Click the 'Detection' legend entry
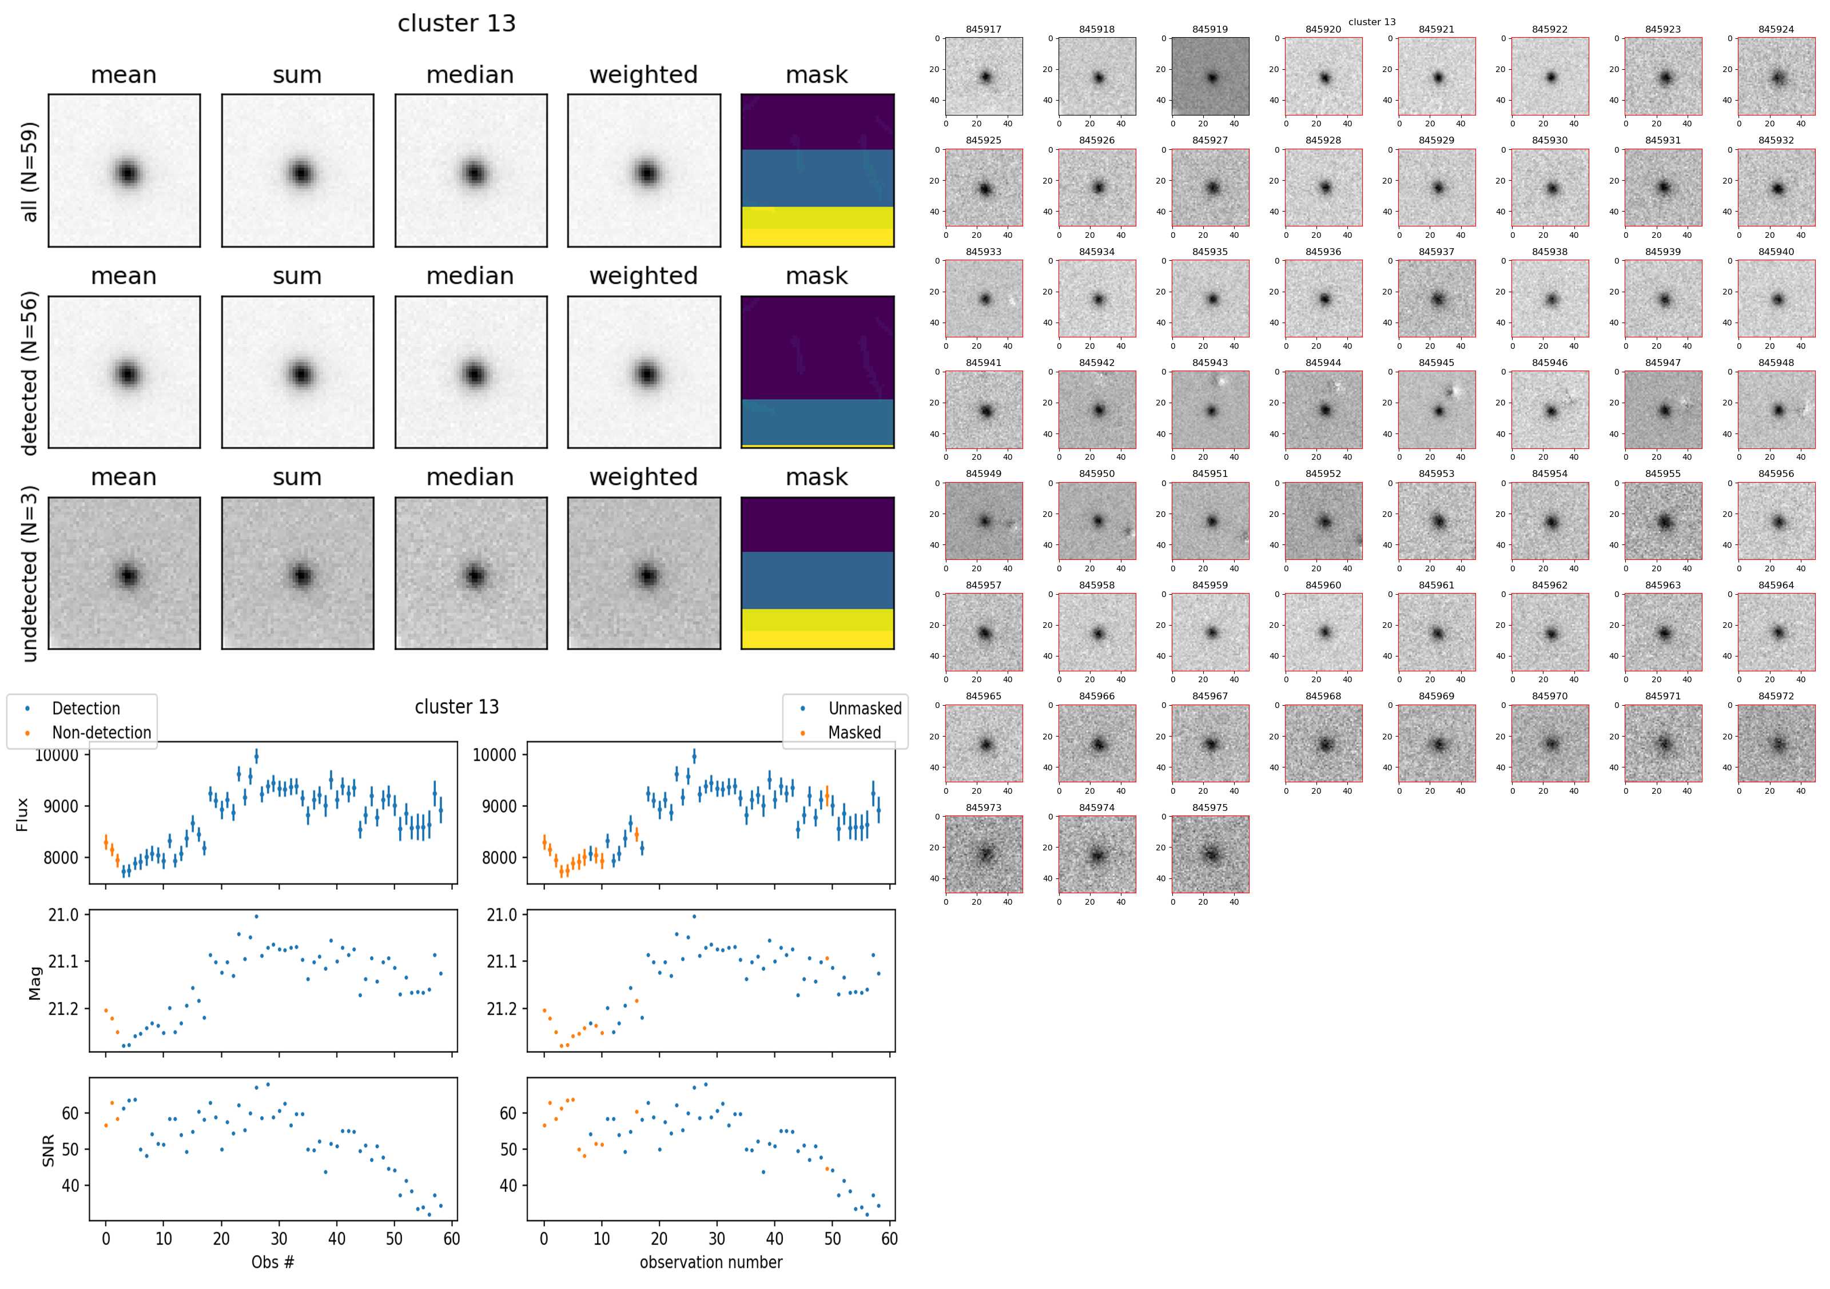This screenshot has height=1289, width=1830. coord(85,709)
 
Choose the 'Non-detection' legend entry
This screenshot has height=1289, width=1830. coord(101,733)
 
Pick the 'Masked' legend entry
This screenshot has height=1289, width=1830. coord(854,733)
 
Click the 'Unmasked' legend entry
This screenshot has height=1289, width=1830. coord(865,709)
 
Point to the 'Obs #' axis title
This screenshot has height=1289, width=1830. coord(273,1262)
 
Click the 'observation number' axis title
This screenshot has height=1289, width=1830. coord(711,1262)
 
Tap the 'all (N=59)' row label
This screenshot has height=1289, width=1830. coord(30,172)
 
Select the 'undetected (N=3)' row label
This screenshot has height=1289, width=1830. coord(30,574)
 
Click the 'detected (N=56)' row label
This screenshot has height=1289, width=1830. coord(30,373)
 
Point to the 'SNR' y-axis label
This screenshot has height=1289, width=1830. coord(48,1150)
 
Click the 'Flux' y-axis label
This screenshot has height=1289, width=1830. coord(22,814)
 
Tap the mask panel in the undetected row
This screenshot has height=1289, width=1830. coord(817,573)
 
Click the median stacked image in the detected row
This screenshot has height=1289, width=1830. coord(471,372)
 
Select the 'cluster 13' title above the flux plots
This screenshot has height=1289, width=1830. coord(457,707)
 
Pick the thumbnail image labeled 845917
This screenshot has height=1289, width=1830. coord(984,77)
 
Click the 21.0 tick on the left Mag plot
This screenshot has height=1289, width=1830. coord(63,915)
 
